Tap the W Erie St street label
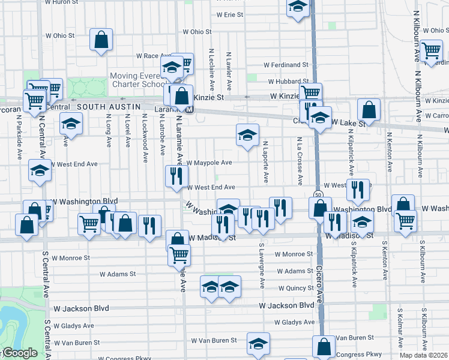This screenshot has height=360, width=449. click(x=230, y=14)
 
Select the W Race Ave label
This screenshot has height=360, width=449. click(x=154, y=56)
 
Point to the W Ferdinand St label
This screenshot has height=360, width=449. click(x=286, y=65)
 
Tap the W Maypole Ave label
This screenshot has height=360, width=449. click(x=209, y=163)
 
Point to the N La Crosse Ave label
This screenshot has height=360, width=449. click(x=299, y=161)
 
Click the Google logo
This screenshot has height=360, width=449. click(x=19, y=353)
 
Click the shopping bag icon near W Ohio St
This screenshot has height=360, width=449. click(x=101, y=40)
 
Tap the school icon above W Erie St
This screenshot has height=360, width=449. click(x=296, y=7)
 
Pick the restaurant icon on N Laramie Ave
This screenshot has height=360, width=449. click(x=176, y=176)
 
